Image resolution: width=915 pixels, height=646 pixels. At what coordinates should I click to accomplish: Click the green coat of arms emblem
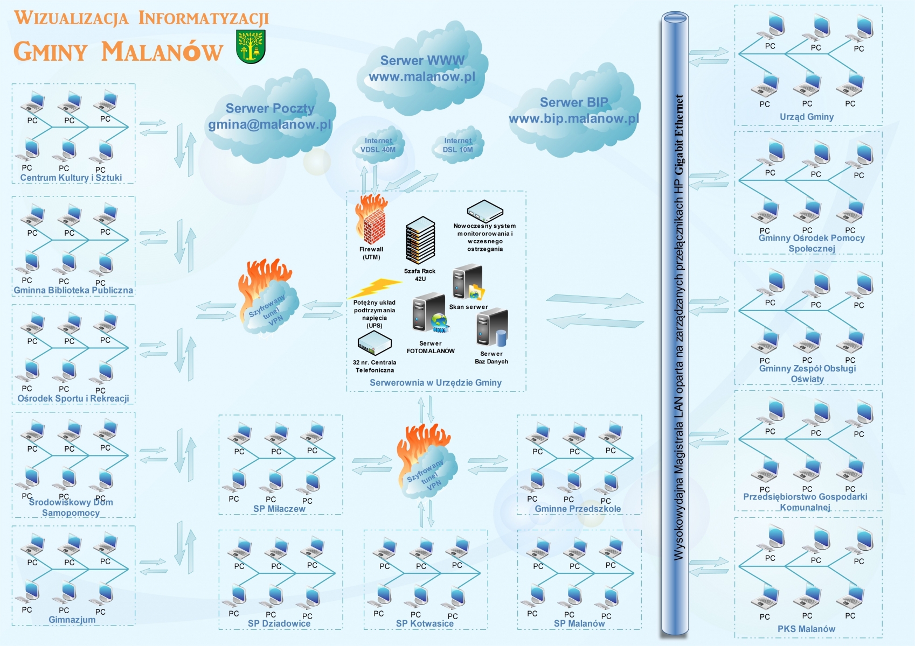tap(251, 47)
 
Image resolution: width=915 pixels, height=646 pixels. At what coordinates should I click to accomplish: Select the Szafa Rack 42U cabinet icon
tap(420, 241)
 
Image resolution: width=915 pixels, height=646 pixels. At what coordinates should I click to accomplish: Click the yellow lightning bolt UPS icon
tap(375, 288)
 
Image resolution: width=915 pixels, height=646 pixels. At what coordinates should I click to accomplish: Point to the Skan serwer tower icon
tap(467, 283)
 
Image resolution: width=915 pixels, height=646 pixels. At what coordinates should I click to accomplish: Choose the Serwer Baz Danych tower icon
tap(491, 327)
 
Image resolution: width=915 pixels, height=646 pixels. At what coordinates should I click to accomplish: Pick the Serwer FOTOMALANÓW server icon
tap(429, 313)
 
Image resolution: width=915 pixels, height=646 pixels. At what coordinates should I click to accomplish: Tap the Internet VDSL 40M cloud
tap(378, 145)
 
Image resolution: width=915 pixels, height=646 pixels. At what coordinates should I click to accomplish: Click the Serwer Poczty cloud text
tap(270, 109)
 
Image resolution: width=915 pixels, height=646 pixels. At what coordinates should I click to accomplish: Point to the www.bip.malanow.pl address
tap(574, 118)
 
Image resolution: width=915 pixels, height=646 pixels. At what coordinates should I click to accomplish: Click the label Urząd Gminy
tap(806, 117)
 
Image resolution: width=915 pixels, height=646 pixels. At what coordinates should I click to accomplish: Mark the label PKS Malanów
tap(806, 629)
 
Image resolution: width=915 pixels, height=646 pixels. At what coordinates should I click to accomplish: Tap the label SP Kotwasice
tap(425, 623)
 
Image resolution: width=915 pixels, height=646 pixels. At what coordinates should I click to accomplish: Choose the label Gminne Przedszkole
tap(578, 509)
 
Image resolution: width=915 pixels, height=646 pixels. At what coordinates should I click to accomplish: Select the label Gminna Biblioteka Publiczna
tap(73, 290)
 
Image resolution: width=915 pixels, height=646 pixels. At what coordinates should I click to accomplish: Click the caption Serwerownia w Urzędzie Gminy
tap(435, 383)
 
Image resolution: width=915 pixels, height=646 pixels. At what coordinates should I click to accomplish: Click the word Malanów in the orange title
tap(162, 52)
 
